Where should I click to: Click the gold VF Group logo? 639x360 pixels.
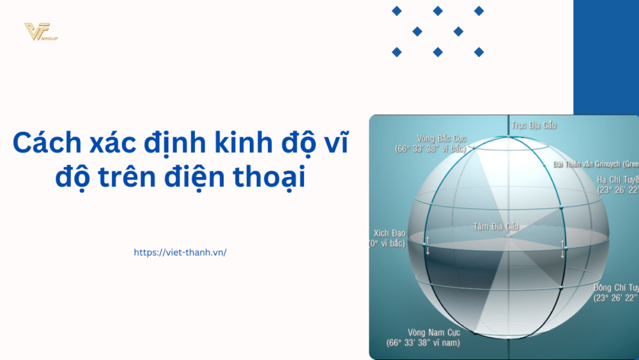[x=40, y=32]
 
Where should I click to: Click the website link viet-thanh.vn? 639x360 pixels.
[x=180, y=252]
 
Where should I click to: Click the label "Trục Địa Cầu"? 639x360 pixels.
[x=534, y=125]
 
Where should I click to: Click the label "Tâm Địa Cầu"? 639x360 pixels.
[x=496, y=226]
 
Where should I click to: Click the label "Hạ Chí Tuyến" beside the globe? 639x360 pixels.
[x=617, y=179]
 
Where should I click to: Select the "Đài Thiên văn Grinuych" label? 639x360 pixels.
[x=596, y=164]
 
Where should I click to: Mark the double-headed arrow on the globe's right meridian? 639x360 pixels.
[x=562, y=248]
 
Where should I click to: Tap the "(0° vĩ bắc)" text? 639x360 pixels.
[x=389, y=244]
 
